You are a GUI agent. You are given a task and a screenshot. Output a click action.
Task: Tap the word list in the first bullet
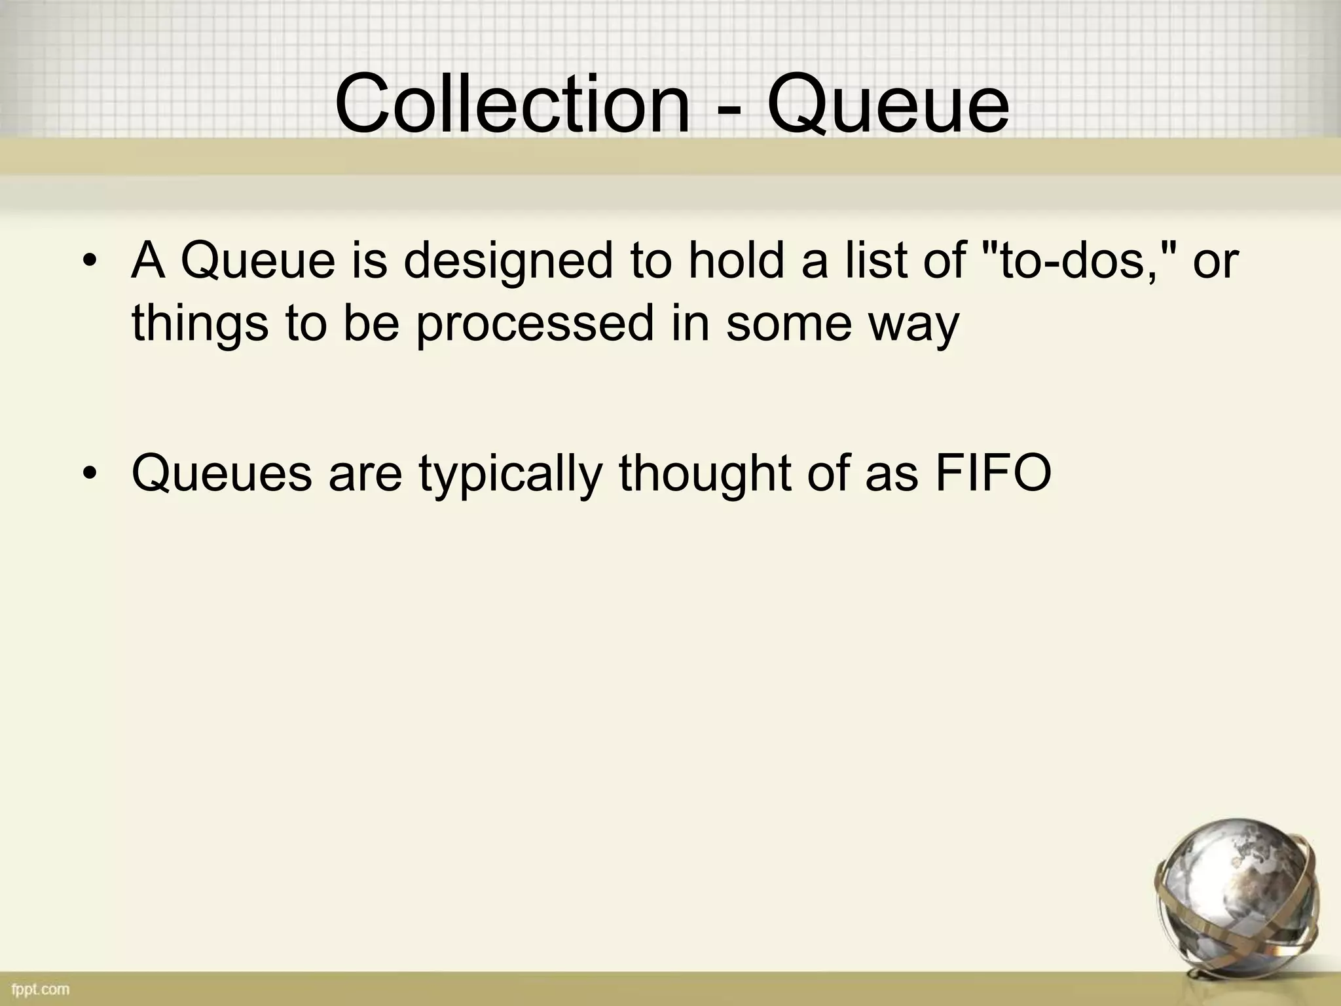pos(879,260)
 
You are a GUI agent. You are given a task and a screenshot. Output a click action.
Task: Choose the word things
pos(199,324)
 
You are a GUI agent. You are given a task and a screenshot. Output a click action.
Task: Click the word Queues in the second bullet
pos(221,474)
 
